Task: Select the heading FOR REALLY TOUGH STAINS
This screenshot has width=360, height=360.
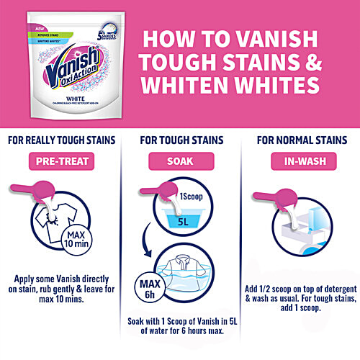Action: coord(59,141)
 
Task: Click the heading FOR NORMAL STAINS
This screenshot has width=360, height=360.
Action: coord(299,141)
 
